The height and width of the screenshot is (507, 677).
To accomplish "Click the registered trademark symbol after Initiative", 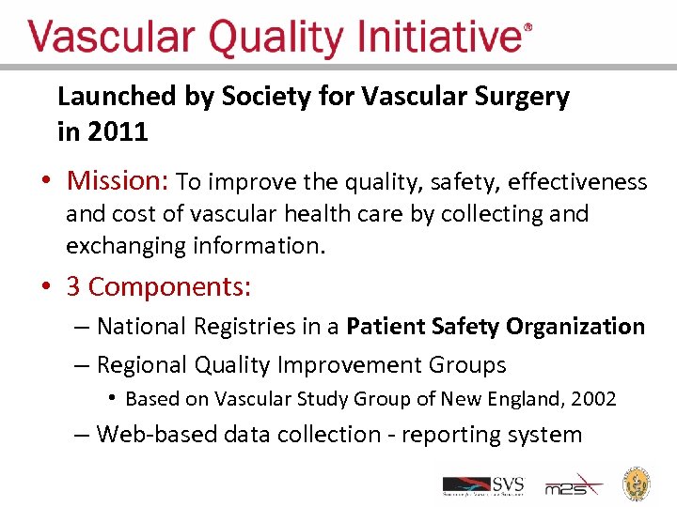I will coord(527,29).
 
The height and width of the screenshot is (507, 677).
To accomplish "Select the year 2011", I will coord(117,132).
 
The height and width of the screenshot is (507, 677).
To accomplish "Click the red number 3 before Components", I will coord(72,286).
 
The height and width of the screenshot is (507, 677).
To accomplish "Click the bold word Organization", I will coord(576,327).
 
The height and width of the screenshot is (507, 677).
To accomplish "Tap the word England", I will coord(528,399).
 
